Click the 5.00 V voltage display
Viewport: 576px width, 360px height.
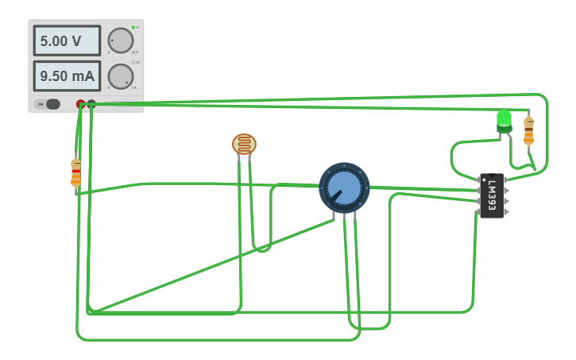[x=66, y=41]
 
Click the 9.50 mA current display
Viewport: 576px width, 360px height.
[x=66, y=76]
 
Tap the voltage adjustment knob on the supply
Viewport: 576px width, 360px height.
[x=121, y=41]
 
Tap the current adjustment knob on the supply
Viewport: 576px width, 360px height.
[x=121, y=76]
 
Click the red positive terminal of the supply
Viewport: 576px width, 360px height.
[x=80, y=104]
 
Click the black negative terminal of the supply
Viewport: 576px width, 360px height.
[x=91, y=104]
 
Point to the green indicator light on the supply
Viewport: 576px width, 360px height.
[x=133, y=28]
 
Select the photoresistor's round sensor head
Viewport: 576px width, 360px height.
[x=244, y=144]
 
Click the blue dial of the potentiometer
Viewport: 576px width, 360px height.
[x=344, y=188]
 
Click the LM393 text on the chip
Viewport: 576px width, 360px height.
[x=493, y=194]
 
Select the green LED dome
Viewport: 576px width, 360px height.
[x=504, y=120]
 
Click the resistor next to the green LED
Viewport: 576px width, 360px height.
[x=528, y=130]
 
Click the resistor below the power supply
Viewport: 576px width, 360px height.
[x=76, y=172]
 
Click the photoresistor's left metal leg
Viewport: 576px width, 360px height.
[x=239, y=159]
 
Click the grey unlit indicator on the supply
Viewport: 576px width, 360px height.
[x=133, y=62]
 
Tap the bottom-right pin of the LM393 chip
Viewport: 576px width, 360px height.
[x=506, y=211]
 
